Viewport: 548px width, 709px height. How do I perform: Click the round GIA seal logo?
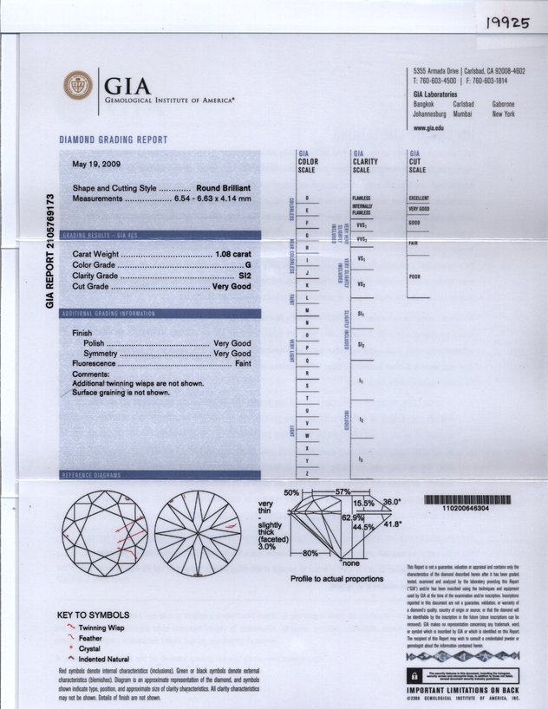point(78,85)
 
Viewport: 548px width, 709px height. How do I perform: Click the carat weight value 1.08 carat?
point(232,254)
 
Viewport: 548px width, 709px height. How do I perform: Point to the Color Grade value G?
point(248,264)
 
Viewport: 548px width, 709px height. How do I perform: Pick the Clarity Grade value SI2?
point(245,276)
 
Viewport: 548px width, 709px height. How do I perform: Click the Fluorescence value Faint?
point(243,365)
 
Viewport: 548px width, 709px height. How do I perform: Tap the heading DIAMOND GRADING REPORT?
point(113,140)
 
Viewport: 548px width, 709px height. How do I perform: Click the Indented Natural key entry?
point(108,660)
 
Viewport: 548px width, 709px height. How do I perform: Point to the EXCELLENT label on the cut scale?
point(419,198)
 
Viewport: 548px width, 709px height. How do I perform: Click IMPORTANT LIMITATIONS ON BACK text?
point(463,690)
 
